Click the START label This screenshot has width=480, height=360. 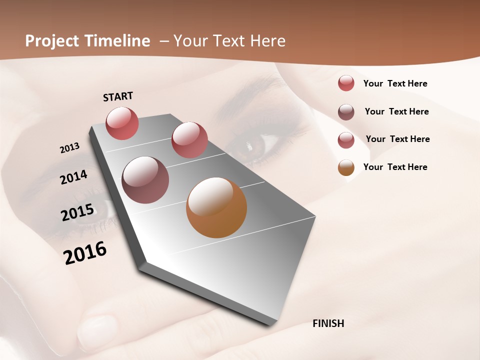pyautogui.click(x=118, y=96)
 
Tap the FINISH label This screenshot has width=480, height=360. pyautogui.click(x=328, y=323)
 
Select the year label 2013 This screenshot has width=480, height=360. pyautogui.click(x=69, y=148)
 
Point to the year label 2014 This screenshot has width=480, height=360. pyautogui.click(x=74, y=177)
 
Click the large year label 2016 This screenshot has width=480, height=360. pyautogui.click(x=85, y=252)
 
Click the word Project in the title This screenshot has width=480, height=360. pyautogui.click(x=52, y=41)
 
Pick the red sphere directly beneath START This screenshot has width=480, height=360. pyautogui.click(x=122, y=123)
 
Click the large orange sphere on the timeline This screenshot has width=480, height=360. pyautogui.click(x=216, y=207)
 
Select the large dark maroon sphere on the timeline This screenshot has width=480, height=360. pyautogui.click(x=145, y=180)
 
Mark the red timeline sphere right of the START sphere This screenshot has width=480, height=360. pyautogui.click(x=189, y=140)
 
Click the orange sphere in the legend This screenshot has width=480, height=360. pyautogui.click(x=346, y=167)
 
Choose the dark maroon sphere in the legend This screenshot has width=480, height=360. pyautogui.click(x=346, y=112)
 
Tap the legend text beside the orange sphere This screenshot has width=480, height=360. pyautogui.click(x=395, y=167)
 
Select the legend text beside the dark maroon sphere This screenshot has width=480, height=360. pyautogui.click(x=396, y=111)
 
